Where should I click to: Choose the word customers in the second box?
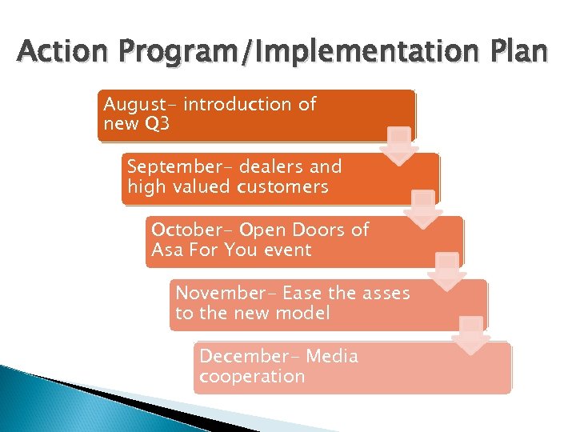coord(282,187)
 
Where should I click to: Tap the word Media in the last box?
coord(332,356)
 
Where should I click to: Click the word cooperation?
coord(252,377)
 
